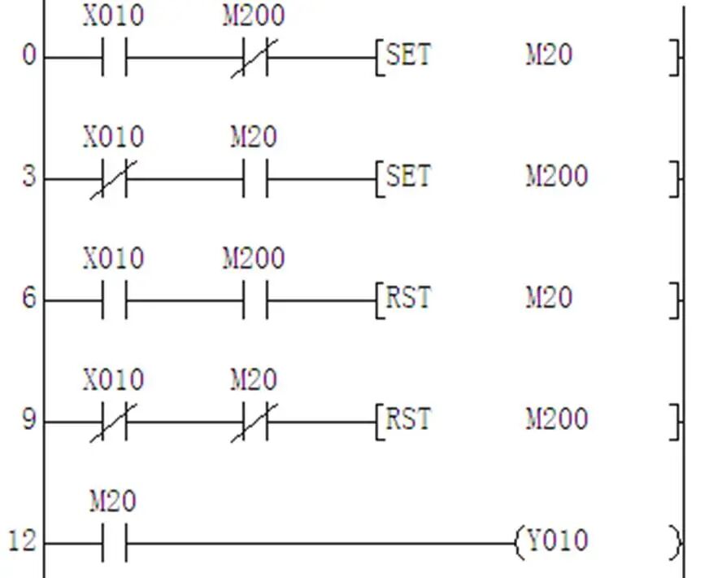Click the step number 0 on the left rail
[29, 57]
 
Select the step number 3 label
[29, 177]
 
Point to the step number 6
[29, 299]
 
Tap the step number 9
[29, 421]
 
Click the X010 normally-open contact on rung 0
[115, 58]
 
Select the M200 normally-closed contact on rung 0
[254, 58]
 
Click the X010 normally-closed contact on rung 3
[115, 178]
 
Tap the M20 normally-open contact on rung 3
[255, 178]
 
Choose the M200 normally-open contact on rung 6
[255, 300]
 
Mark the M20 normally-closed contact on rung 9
[254, 421]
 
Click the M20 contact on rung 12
[115, 542]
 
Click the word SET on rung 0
[408, 56]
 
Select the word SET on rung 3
[408, 177]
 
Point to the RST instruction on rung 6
[408, 298]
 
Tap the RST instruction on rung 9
[408, 419]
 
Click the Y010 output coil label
[558, 541]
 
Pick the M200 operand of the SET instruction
[557, 177]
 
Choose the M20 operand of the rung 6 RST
[549, 298]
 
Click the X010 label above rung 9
[113, 380]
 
